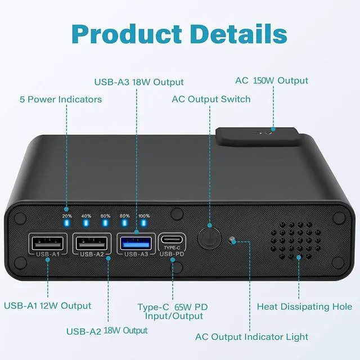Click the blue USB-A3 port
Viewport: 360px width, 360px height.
[136, 244]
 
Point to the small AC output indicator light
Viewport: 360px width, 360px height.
[232, 241]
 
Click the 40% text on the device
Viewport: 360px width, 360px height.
[86, 216]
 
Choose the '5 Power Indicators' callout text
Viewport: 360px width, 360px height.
[61, 99]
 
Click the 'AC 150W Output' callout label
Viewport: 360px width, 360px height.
[272, 80]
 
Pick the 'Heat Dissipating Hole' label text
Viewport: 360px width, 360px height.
[304, 307]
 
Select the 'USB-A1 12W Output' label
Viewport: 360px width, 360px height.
[48, 306]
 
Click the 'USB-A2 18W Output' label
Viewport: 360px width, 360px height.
[107, 330]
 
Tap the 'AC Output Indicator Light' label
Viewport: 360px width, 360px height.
[251, 337]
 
